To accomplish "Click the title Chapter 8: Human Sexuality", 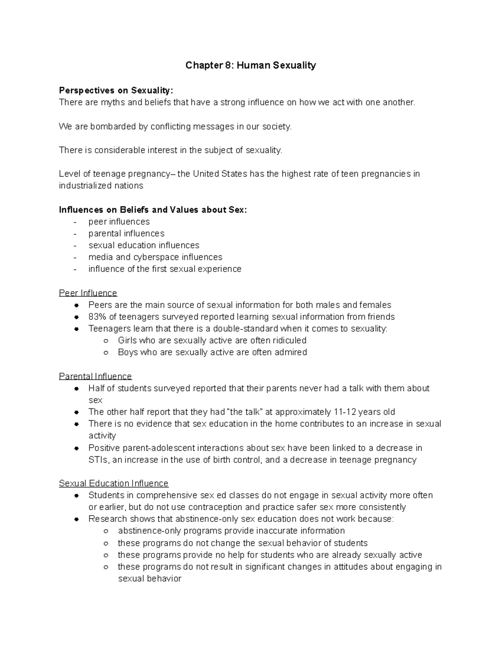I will [x=251, y=65].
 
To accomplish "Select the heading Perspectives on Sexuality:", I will [x=115, y=90].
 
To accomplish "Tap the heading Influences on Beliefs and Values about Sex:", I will [x=153, y=210].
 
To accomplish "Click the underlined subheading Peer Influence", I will [x=88, y=293].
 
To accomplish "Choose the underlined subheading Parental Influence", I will [x=95, y=376].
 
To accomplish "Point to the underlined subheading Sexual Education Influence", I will [x=113, y=483].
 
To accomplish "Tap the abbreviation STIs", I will [x=98, y=460].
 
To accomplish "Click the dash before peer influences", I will [x=75, y=222].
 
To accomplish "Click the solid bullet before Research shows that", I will [x=77, y=519].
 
